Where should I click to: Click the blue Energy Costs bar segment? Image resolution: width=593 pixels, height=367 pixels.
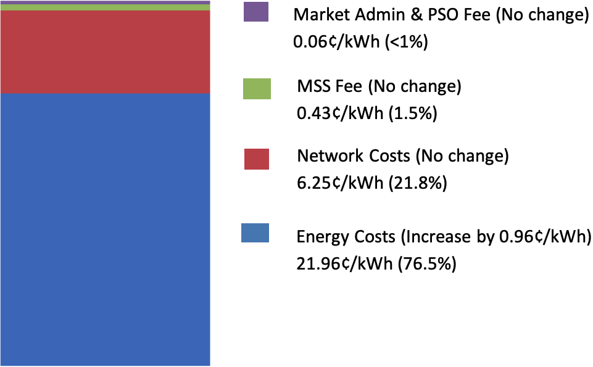[x=105, y=228]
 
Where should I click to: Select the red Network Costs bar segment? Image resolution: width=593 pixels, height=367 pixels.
[x=105, y=52]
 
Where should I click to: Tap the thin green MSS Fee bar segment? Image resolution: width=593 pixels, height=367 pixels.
[x=105, y=7]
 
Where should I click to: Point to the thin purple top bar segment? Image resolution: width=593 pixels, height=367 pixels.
[x=105, y=2]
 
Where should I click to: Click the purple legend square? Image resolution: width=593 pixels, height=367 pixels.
[x=256, y=12]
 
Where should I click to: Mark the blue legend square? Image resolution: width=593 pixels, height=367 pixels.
[x=255, y=233]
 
